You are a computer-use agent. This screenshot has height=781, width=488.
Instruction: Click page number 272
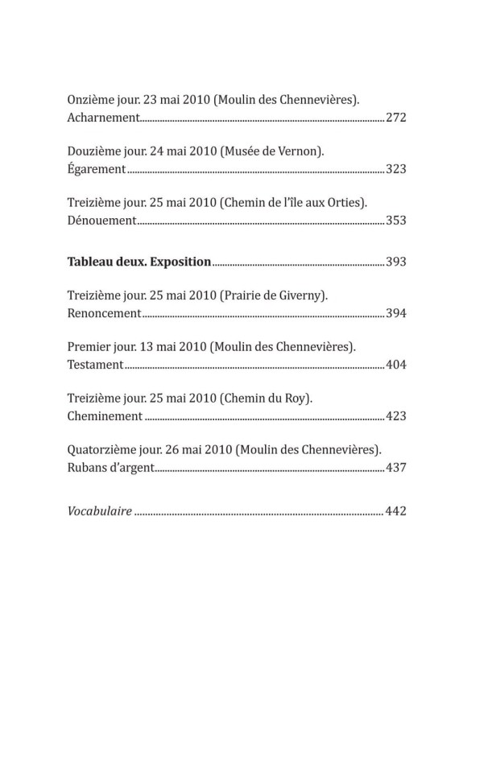395,118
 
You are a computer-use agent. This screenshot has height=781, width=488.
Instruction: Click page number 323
395,169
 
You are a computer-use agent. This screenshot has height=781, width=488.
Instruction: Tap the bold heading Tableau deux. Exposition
139,262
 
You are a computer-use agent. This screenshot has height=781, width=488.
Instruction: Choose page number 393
395,262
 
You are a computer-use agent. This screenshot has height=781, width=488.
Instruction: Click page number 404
395,365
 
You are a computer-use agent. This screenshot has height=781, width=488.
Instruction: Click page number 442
395,511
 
